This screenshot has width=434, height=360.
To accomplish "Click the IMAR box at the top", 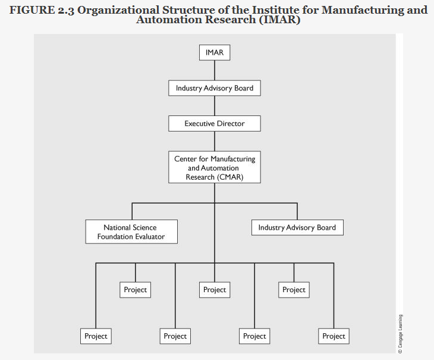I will pyautogui.click(x=215, y=52).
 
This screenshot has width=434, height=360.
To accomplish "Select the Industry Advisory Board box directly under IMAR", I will pyautogui.click(x=215, y=88).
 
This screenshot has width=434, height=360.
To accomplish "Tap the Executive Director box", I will pyautogui.click(x=215, y=124).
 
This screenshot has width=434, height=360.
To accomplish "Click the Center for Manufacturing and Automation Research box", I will pyautogui.click(x=215, y=168).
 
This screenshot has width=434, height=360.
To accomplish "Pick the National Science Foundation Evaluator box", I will pyautogui.click(x=131, y=231).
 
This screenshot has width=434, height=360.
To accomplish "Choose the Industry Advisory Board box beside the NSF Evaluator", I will pyautogui.click(x=297, y=227).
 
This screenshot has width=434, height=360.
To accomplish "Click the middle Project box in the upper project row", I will pyautogui.click(x=215, y=290).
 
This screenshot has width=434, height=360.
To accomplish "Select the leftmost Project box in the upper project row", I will pyautogui.click(x=135, y=290).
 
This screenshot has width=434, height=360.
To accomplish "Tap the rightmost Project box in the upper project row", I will pyautogui.click(x=294, y=290).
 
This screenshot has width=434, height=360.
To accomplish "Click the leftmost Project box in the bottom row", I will pyautogui.click(x=96, y=336).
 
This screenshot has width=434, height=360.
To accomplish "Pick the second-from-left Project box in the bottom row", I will pyautogui.click(x=175, y=336).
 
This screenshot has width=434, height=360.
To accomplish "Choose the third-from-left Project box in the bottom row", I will pyautogui.click(x=254, y=336).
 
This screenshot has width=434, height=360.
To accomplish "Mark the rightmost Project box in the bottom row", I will pyautogui.click(x=334, y=336).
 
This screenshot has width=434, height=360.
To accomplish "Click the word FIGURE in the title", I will pyautogui.click(x=30, y=10).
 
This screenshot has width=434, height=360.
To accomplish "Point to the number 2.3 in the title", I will pyautogui.click(x=66, y=10).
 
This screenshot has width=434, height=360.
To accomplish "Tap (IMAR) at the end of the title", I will pyautogui.click(x=278, y=20).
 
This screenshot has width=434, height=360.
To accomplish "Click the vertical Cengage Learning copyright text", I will pyautogui.click(x=401, y=334).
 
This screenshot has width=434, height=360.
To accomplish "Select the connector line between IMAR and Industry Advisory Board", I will pyautogui.click(x=215, y=70).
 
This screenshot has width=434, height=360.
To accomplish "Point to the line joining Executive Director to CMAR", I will pyautogui.click(x=215, y=141).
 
